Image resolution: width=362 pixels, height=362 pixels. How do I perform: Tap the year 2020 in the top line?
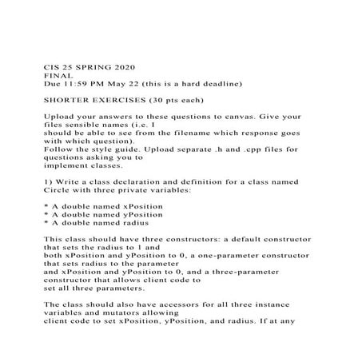click(121, 66)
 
